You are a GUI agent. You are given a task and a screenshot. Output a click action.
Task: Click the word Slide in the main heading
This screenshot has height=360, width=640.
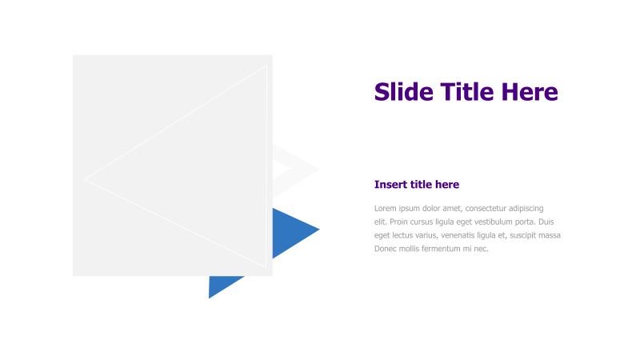click(404, 92)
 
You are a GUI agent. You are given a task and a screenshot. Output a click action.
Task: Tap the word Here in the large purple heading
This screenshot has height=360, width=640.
click(530, 92)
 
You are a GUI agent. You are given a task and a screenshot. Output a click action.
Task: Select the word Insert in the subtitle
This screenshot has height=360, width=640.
click(391, 185)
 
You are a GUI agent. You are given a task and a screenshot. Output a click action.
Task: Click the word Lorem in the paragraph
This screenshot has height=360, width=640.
click(386, 208)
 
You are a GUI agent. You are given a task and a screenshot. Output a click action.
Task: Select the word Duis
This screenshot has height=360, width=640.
click(546, 222)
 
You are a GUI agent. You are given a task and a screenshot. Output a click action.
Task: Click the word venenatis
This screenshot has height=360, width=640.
click(462, 235)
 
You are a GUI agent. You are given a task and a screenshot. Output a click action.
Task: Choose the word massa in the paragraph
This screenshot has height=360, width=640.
click(550, 235)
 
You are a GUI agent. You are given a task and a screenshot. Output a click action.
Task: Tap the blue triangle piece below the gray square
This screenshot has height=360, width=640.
click(219, 286)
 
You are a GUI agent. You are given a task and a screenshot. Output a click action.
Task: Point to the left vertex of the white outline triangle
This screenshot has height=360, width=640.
click(86, 179)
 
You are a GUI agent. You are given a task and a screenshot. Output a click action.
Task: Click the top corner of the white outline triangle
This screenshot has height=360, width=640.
click(266, 66)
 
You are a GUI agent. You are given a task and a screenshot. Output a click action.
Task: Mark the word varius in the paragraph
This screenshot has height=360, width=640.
click(426, 235)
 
